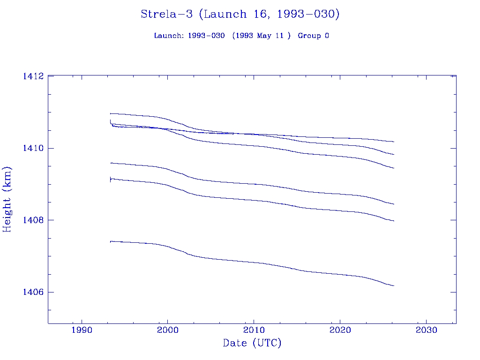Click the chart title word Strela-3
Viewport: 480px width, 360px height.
[167, 14]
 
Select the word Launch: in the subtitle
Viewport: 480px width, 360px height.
[169, 36]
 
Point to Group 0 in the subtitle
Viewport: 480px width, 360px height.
[313, 36]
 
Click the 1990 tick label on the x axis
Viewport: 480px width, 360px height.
[82, 330]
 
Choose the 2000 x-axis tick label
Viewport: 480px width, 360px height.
[167, 330]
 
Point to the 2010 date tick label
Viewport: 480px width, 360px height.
[254, 330]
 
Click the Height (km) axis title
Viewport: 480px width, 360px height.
[7, 199]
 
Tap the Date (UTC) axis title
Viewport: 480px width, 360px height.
[252, 344]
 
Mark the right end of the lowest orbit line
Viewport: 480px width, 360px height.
[394, 285]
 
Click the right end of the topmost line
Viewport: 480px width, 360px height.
[394, 142]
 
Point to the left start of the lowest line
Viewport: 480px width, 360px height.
[111, 241]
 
